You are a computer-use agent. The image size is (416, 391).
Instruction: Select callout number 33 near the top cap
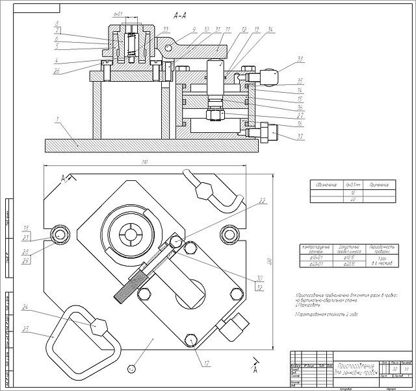click(166, 29)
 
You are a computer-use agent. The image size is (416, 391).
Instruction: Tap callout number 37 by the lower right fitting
click(281, 136)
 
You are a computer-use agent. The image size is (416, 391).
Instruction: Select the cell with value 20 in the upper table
click(353, 198)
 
